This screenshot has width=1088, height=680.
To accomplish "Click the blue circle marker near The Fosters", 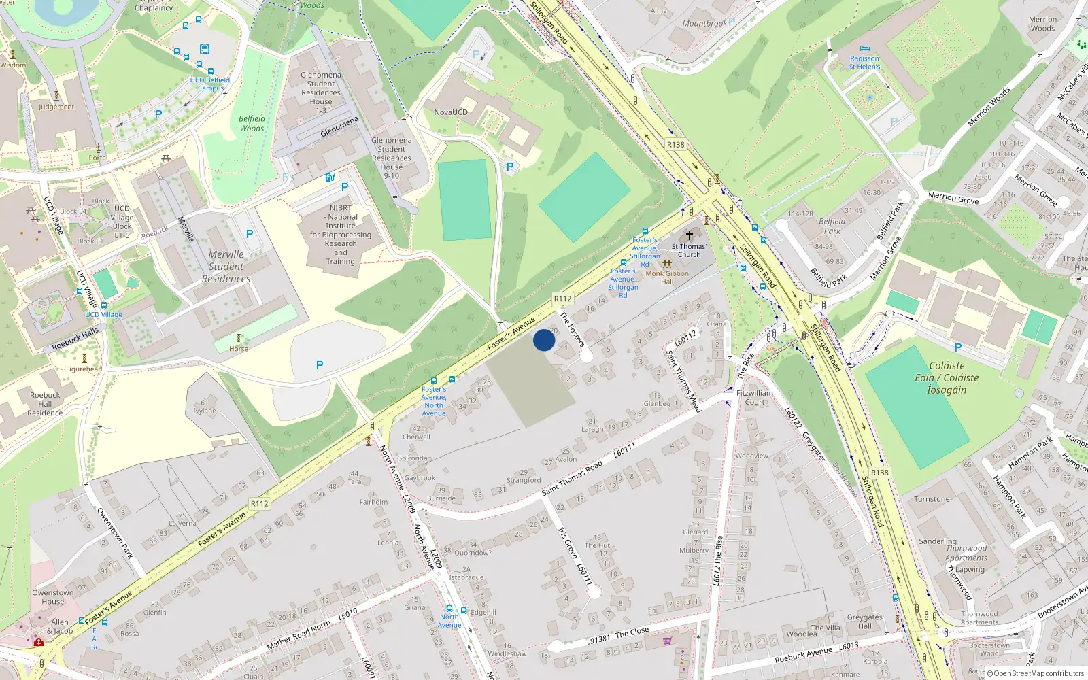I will tap(544, 340).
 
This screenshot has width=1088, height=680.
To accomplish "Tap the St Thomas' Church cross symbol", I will tap(689, 235).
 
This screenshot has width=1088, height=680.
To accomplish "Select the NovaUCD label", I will tap(451, 112).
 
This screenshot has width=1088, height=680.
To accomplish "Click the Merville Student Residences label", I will tap(226, 267).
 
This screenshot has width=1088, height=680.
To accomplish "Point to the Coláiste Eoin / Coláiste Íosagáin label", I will tap(947, 377).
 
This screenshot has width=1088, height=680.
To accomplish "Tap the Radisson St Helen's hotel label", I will tap(864, 63).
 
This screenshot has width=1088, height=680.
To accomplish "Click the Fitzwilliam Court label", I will tap(755, 397).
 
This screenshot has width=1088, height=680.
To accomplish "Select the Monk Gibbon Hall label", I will tap(667, 277).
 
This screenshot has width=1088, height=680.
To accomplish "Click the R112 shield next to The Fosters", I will tap(562, 299).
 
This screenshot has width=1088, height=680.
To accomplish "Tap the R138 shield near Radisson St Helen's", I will tap(675, 144).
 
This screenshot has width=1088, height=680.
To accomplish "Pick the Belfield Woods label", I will tap(252, 123).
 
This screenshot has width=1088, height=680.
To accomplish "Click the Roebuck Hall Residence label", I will tap(45, 404).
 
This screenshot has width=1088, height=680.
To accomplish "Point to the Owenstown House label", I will tap(52, 597).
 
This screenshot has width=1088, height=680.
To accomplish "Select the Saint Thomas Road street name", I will tap(572, 477).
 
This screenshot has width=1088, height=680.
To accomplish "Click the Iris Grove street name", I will tap(567, 543).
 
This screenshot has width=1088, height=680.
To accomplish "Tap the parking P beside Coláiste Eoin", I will tap(958, 347).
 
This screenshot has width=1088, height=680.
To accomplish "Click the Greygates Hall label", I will tap(864, 622).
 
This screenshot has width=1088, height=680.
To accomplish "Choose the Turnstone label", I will tap(932, 499).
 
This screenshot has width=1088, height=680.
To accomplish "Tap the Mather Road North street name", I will tap(299, 634).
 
